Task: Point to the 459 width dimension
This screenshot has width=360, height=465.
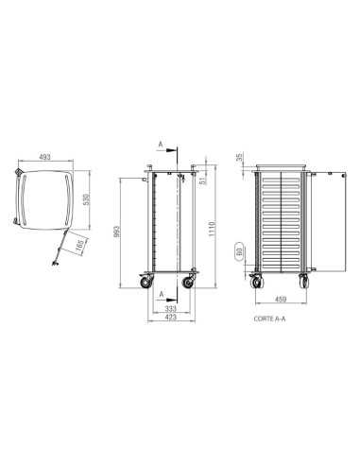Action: tap(281, 301)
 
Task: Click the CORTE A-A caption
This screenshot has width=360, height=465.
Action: tap(269, 320)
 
